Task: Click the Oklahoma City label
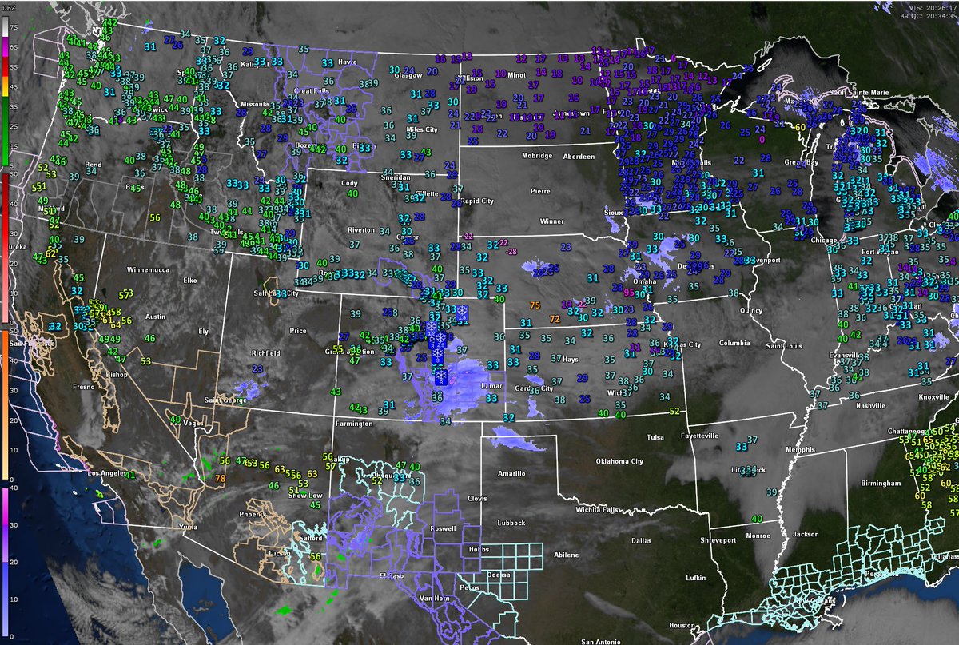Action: point(619,461)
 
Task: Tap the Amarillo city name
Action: point(511,473)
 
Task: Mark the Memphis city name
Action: point(800,449)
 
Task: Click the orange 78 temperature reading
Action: point(220,479)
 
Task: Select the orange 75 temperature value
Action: point(535,305)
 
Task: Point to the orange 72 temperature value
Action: point(554,319)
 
